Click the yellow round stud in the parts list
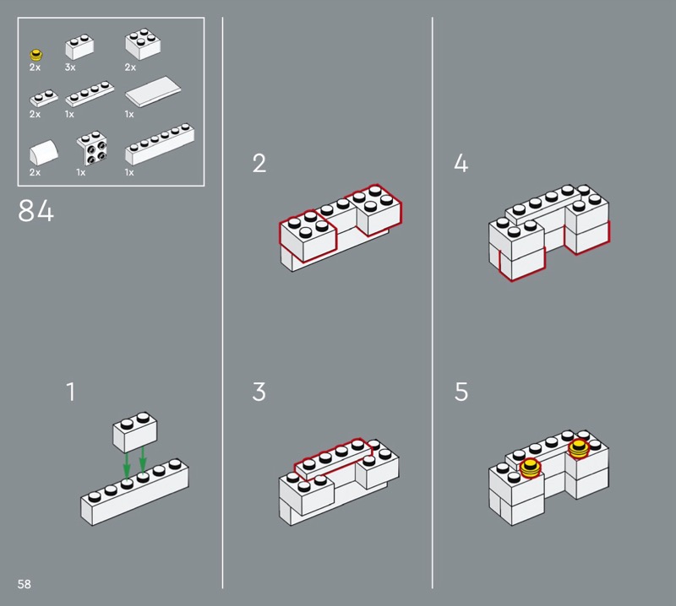[36, 55]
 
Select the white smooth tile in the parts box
[153, 91]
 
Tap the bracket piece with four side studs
[92, 148]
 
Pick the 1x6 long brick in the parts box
[160, 143]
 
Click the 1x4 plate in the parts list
[90, 94]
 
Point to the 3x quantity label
[70, 68]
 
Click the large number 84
[36, 211]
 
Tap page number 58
[25, 584]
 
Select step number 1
[71, 392]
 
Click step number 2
[259, 163]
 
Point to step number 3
[259, 392]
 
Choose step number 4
[461, 163]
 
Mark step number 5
[461, 392]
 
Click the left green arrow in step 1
[126, 465]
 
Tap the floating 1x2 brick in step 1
[135, 431]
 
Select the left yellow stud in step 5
[530, 468]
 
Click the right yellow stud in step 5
[578, 449]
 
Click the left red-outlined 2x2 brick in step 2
[308, 235]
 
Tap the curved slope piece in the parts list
[44, 152]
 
